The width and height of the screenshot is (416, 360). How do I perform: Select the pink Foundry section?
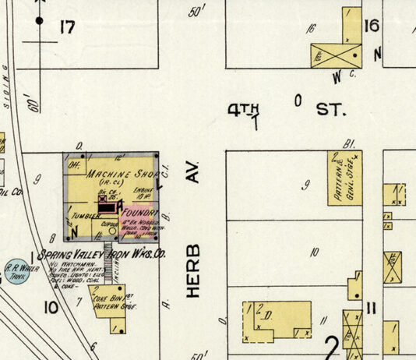tap(139, 211)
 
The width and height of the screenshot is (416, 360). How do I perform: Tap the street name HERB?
tap(194, 270)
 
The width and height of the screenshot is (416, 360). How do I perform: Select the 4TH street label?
tap(243, 111)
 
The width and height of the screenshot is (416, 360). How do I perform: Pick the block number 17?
tap(67, 29)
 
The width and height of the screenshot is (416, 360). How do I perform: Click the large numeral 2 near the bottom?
tap(330, 344)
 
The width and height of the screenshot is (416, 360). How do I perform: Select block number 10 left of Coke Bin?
tap(51, 307)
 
